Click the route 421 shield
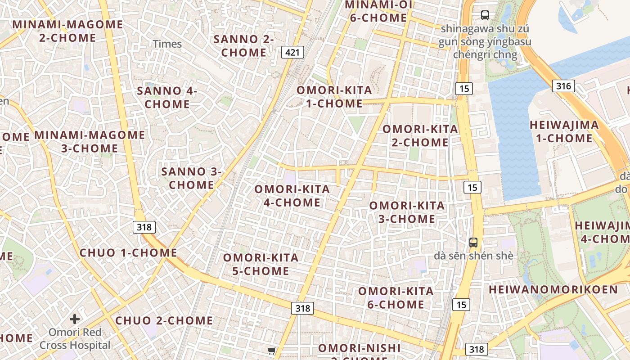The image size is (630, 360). pyautogui.click(x=292, y=52)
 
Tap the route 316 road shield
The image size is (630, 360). pyautogui.click(x=563, y=85)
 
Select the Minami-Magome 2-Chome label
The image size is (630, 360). pyautogui.click(x=67, y=31)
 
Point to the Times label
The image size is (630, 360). pyautogui.click(x=167, y=44)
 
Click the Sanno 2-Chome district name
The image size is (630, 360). pyautogui.click(x=243, y=45)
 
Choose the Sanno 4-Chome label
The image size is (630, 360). pyautogui.click(x=167, y=97)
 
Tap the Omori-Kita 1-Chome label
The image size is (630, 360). pyautogui.click(x=334, y=97)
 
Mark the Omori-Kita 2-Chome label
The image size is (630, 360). pyautogui.click(x=420, y=135)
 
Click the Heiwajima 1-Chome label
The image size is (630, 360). pyautogui.click(x=564, y=131)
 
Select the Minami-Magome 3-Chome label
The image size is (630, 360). pyautogui.click(x=90, y=141)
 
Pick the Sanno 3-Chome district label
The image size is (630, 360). pyautogui.click(x=191, y=178)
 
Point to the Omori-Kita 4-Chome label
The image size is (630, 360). pyautogui.click(x=292, y=196)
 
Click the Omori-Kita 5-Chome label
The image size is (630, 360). pyautogui.click(x=261, y=264)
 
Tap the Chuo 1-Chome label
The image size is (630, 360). pyautogui.click(x=128, y=252)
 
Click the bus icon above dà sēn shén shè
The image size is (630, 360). pyautogui.click(x=473, y=243)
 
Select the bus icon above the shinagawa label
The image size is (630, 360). pyautogui.click(x=485, y=15)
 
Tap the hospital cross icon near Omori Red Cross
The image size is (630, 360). pyautogui.click(x=75, y=319)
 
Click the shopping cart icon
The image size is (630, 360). pyautogui.click(x=271, y=351)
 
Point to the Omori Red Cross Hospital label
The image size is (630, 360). pyautogui.click(x=75, y=339)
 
